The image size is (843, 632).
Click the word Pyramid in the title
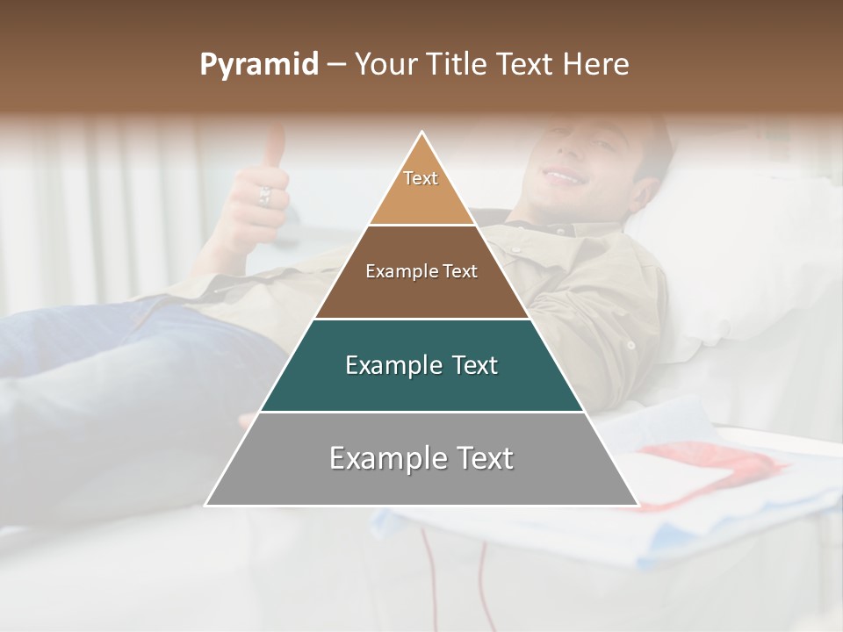tap(259, 65)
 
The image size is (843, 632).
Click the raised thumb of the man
tap(276, 146)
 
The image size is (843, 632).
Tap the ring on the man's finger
tap(264, 195)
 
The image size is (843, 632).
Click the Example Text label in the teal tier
tap(421, 365)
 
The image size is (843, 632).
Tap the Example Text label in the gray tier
tap(421, 458)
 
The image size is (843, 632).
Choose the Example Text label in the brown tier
tap(421, 271)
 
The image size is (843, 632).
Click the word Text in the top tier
tap(421, 178)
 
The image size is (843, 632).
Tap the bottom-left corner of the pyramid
tap(206, 505)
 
